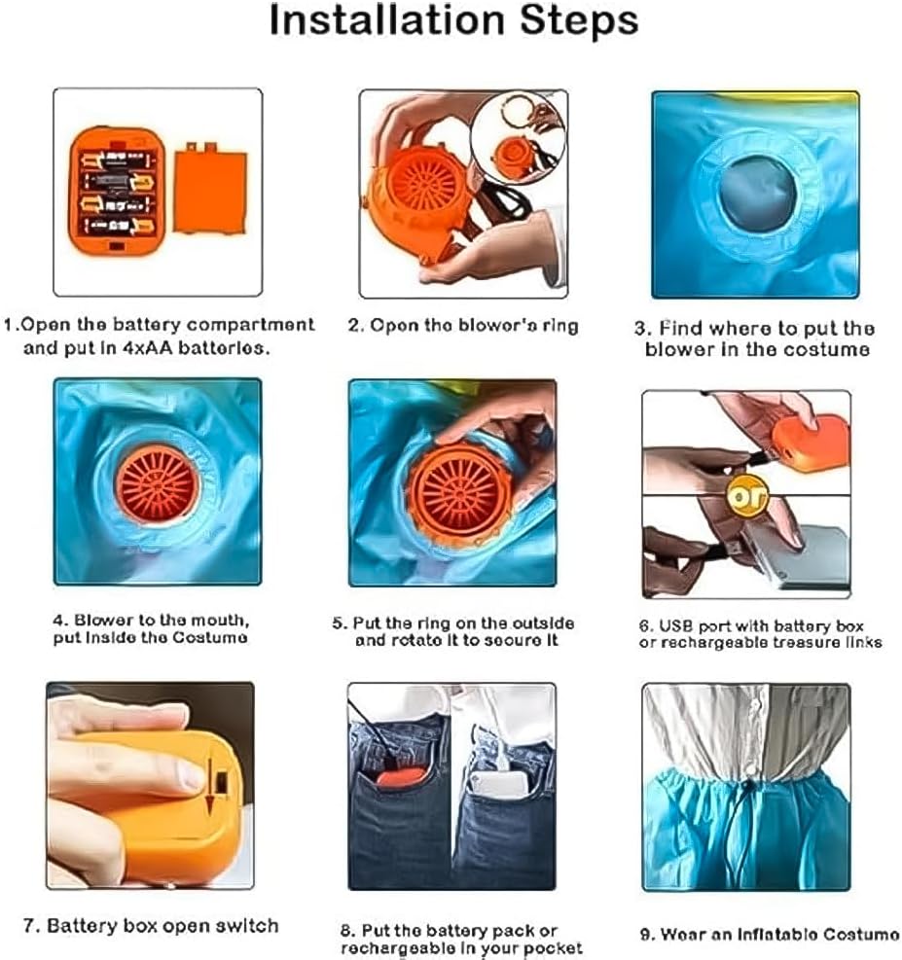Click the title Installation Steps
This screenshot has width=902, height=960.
point(453,20)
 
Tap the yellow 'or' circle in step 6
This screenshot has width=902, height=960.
point(747,494)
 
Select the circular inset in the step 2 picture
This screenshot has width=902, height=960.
point(518,139)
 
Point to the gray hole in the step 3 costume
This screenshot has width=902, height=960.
point(757,194)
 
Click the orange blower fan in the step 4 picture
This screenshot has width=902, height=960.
point(158,483)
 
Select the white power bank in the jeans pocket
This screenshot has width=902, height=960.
point(499,784)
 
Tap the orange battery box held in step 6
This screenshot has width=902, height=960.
point(811,442)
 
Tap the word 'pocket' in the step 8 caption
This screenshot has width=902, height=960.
point(549,947)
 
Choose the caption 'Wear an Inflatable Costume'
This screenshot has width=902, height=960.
point(769,935)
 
